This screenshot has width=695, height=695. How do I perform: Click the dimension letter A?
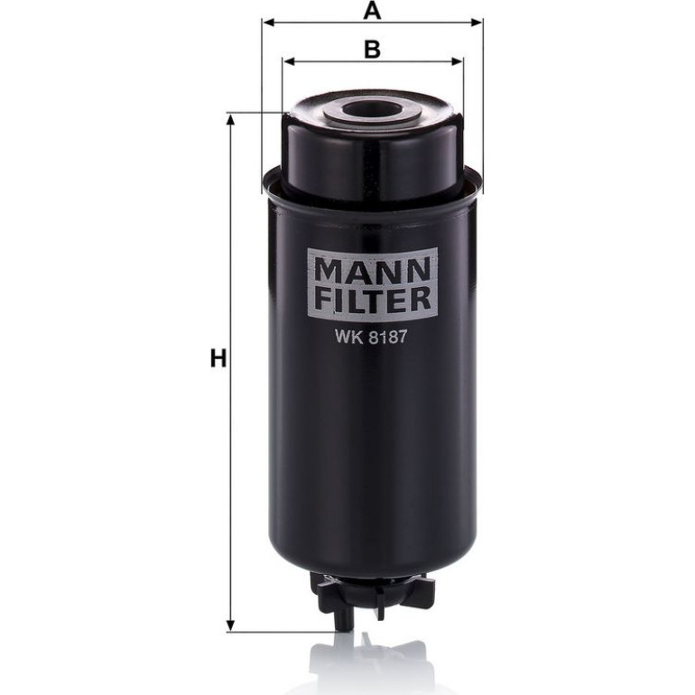tap(372, 11)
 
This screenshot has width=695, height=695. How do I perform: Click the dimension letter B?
tap(372, 50)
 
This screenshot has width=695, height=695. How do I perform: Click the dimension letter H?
tap(218, 358)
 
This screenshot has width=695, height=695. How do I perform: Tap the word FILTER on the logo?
tap(372, 299)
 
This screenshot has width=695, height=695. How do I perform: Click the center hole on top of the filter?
tap(372, 109)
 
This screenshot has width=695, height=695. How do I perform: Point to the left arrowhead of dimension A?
tap(267, 23)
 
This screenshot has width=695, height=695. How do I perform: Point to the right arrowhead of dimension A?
tap(477, 23)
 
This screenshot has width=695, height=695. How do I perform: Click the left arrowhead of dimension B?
tap(288, 61)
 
